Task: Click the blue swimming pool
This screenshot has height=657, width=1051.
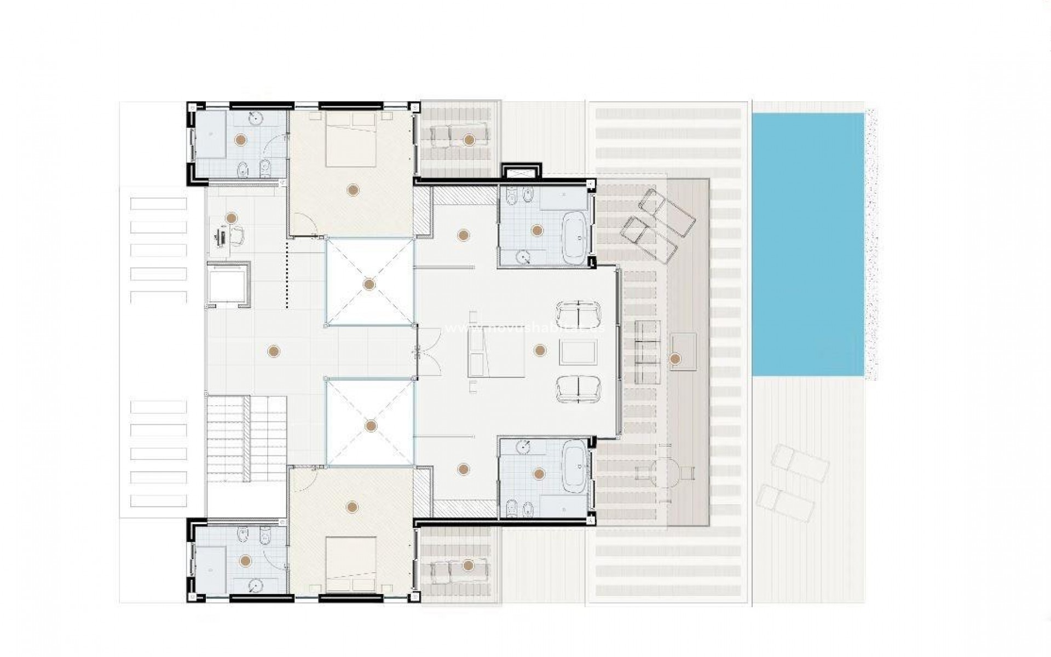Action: pos(807,244)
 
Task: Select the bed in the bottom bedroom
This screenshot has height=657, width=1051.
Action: pos(351,564)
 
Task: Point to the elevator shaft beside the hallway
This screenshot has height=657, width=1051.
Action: pos(228,285)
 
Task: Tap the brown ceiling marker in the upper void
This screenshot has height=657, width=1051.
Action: pos(369,284)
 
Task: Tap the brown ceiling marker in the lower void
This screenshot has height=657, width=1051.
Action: pos(371,425)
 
